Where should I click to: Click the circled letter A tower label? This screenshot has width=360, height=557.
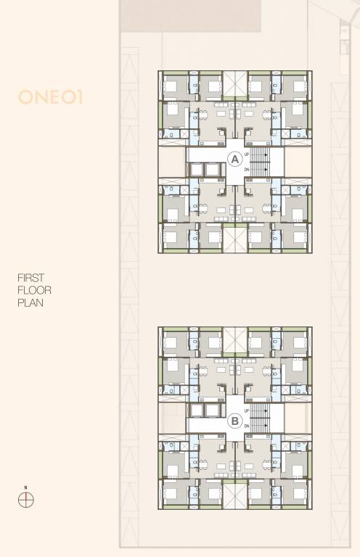click(234, 160)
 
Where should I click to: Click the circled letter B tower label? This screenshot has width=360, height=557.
click(234, 419)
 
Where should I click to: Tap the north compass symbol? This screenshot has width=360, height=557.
click(26, 500)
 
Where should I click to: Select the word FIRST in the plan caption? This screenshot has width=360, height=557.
click(30, 278)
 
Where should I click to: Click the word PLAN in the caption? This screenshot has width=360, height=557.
click(30, 303)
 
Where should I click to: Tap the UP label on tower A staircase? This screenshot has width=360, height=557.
click(247, 154)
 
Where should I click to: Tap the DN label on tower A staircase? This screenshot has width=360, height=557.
click(247, 169)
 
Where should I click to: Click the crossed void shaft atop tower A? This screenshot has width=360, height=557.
click(234, 82)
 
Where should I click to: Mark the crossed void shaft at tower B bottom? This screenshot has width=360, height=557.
click(234, 497)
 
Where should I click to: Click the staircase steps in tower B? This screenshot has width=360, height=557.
click(260, 419)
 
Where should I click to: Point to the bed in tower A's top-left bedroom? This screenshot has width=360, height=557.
click(172, 86)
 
